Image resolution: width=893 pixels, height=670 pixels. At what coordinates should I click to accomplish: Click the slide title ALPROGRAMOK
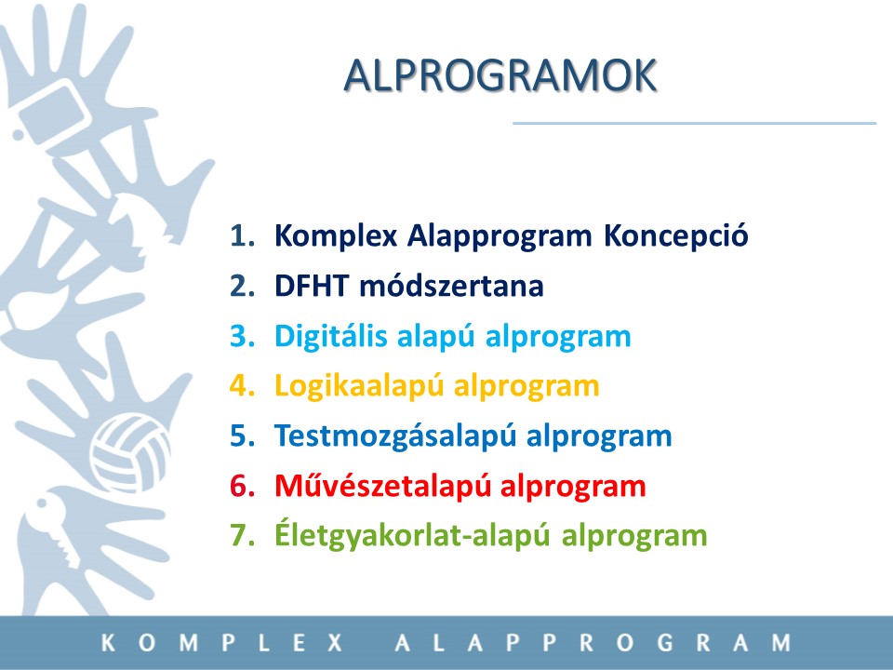(x=500, y=75)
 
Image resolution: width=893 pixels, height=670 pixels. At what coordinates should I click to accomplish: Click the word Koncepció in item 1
(x=676, y=234)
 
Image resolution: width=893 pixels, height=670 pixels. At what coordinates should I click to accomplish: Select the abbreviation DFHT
(x=311, y=286)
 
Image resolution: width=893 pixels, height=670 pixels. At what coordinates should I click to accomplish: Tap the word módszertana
(x=452, y=286)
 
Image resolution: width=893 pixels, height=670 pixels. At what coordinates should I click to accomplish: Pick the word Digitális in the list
(x=331, y=336)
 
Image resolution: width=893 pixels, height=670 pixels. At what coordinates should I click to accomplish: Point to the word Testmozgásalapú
(x=396, y=436)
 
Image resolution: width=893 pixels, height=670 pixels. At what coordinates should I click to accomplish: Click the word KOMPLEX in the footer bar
(x=222, y=643)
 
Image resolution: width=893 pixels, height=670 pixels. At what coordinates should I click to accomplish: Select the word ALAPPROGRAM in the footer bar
(x=593, y=643)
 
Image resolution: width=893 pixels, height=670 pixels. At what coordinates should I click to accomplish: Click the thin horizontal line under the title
(x=694, y=123)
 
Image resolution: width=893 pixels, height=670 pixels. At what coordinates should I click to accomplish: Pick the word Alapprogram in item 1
(x=500, y=235)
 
